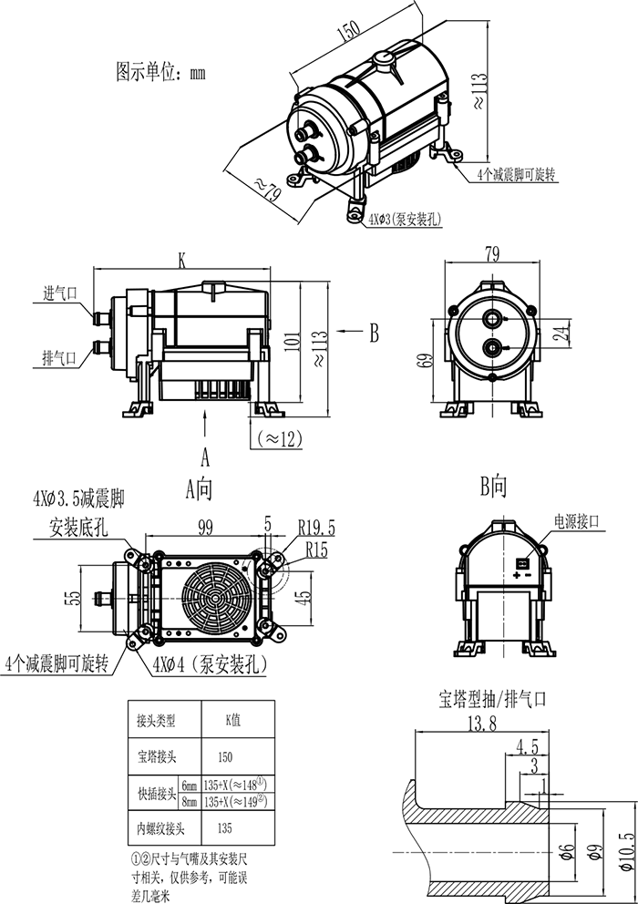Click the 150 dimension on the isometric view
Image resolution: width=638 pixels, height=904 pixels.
(347, 33)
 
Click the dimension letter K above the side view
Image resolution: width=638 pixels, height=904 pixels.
(182, 261)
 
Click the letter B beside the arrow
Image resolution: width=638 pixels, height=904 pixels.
(373, 334)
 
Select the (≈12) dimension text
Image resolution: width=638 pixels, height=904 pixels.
(279, 438)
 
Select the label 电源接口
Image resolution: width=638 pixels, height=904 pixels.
(577, 521)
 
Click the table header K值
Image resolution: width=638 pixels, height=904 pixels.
(232, 718)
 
